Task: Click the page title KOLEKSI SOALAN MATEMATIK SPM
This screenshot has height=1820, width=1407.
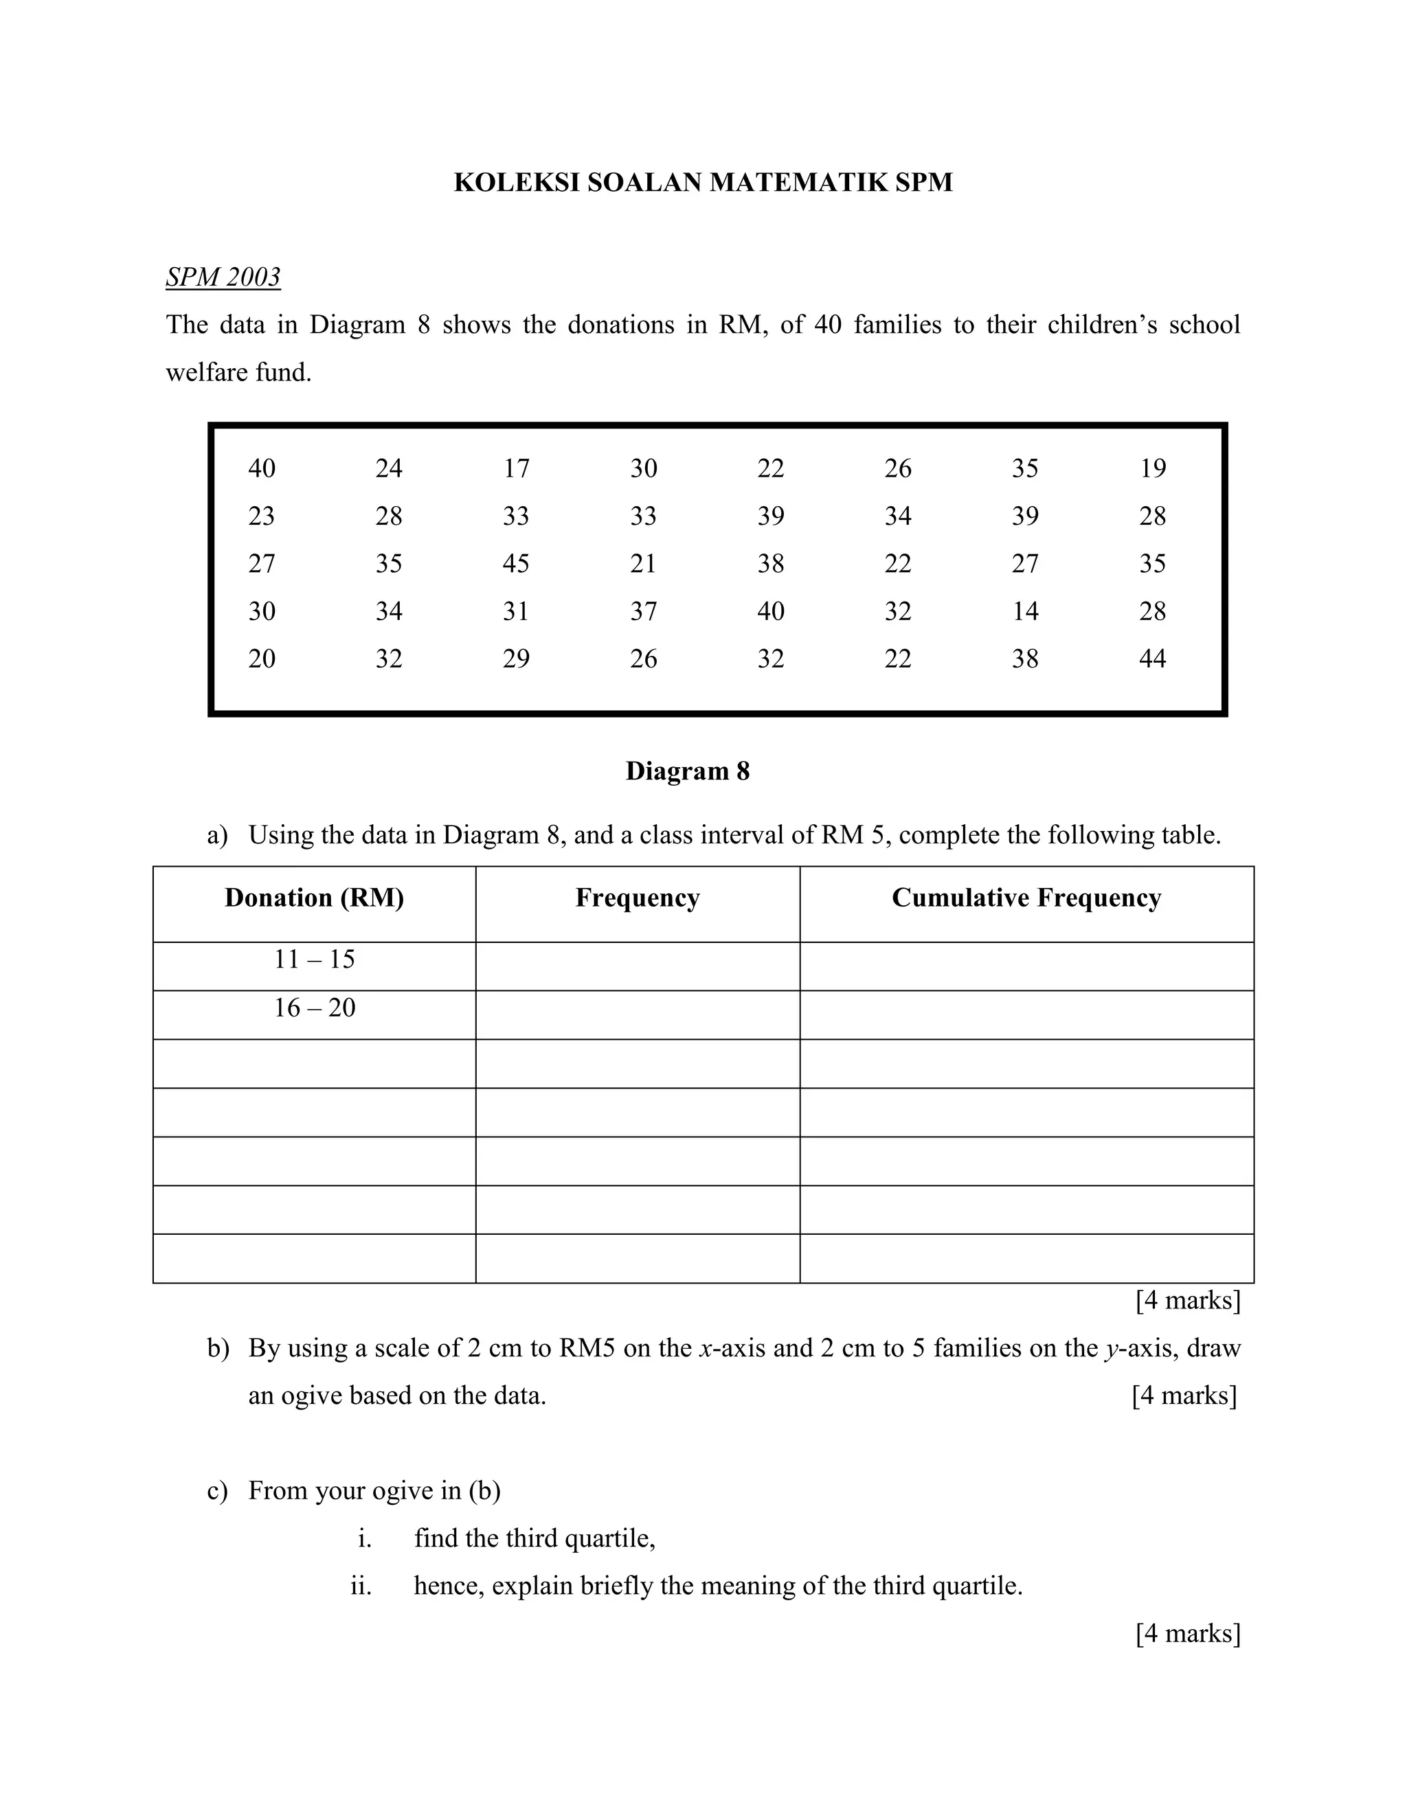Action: (x=703, y=183)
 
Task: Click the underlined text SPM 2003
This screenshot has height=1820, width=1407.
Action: (x=223, y=277)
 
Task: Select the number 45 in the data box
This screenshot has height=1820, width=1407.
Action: (x=515, y=563)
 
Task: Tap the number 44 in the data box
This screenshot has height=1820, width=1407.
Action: (x=1152, y=659)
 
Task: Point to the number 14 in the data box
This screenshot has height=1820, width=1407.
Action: (x=1024, y=611)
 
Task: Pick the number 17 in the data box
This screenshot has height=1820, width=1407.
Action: (x=515, y=468)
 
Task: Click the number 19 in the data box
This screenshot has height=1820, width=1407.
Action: (x=1152, y=468)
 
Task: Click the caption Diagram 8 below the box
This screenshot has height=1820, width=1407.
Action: (x=688, y=771)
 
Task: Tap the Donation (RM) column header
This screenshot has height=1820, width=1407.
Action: (x=314, y=898)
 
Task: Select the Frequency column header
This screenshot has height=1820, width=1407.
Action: (x=638, y=898)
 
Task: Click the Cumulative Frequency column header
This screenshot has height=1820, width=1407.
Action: (x=1026, y=898)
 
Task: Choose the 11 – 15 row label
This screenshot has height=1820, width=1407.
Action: (x=314, y=959)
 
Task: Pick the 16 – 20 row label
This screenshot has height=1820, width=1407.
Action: (x=314, y=1008)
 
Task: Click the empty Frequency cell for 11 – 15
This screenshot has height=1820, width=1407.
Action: (x=638, y=966)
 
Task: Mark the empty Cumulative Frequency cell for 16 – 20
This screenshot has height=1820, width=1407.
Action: (x=1026, y=1014)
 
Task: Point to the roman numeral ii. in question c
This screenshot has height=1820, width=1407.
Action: (x=361, y=1585)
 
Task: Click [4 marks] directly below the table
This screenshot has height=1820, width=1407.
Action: (x=1188, y=1300)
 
